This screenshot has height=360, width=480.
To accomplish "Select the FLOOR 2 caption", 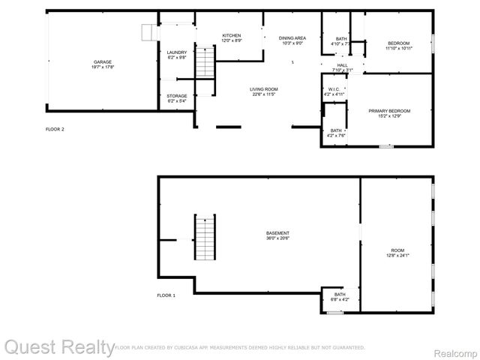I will (x=55, y=129).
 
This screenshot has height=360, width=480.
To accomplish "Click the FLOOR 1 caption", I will (x=166, y=295).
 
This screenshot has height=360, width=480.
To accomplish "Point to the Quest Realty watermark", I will (x=58, y=346).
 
